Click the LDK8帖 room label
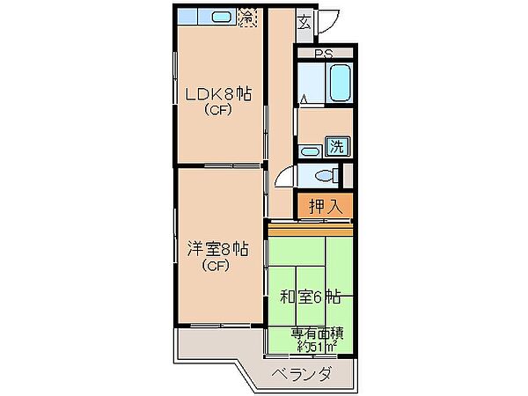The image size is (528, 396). click(218, 94)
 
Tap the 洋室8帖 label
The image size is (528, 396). click(218, 250)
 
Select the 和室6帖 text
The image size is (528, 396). click(310, 297)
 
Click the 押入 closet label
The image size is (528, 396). click(326, 206)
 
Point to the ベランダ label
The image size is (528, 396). click(302, 374)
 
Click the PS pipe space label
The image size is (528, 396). click(324, 54)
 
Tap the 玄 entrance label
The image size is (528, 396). click(304, 22)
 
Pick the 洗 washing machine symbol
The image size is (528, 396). click(337, 146)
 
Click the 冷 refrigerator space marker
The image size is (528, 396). click(247, 18)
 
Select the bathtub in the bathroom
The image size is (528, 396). click(340, 84)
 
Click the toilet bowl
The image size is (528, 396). click(326, 175)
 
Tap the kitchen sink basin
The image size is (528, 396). click(221, 17)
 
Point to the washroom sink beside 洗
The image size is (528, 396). click(310, 151)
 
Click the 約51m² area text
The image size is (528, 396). click(318, 346)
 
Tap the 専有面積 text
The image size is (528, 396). click(317, 334)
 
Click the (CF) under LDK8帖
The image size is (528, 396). click(218, 110)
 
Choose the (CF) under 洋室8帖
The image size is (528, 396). click(216, 266)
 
